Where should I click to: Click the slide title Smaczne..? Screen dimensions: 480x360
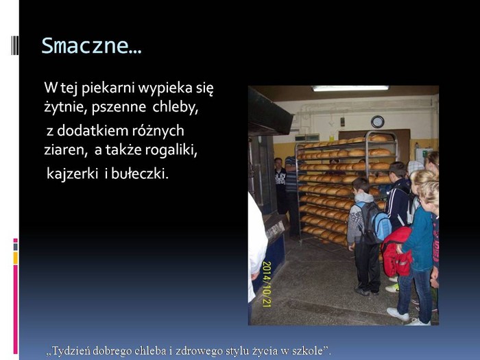91,46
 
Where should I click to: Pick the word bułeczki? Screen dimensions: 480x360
140,174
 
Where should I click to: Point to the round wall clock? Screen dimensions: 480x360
377,121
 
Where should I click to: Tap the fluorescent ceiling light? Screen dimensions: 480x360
350,88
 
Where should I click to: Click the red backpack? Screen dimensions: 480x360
396,252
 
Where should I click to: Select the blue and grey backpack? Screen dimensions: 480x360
375,222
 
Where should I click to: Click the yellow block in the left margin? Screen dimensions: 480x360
15,258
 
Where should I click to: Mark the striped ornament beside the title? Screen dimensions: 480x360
14,45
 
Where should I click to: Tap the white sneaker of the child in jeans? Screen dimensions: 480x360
398,314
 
